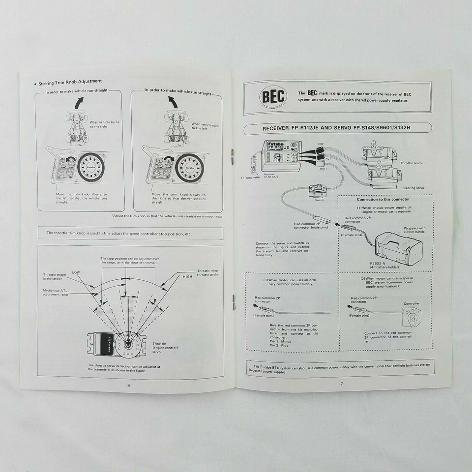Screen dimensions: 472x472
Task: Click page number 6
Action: (x=129, y=385)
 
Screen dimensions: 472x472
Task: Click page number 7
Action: (x=341, y=383)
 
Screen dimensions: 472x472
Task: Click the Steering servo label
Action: (x=413, y=188)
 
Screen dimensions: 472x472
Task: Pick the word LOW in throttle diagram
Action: (x=76, y=272)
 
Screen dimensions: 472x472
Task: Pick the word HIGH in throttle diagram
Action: (x=187, y=277)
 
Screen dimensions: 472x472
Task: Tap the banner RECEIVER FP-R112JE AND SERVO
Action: (x=337, y=128)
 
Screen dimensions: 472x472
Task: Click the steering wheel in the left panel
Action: (x=89, y=166)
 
